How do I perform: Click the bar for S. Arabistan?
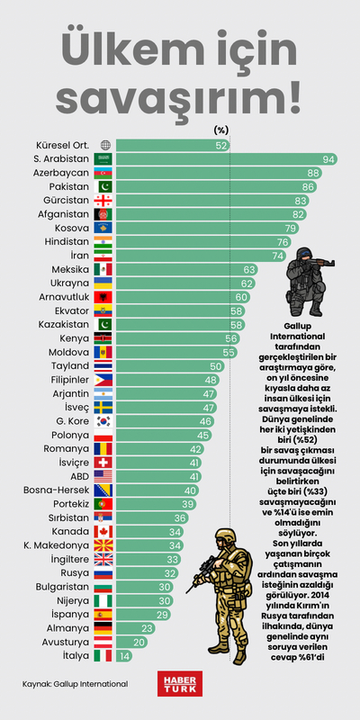click(225, 158)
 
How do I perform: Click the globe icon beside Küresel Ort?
click(105, 145)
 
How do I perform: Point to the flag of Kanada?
click(104, 532)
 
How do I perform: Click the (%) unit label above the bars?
click(221, 130)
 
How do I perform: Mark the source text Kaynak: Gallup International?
click(75, 684)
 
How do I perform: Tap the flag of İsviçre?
click(104, 463)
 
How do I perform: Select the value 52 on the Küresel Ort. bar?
click(220, 145)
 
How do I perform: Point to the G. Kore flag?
click(104, 421)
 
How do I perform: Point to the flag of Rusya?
click(104, 573)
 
